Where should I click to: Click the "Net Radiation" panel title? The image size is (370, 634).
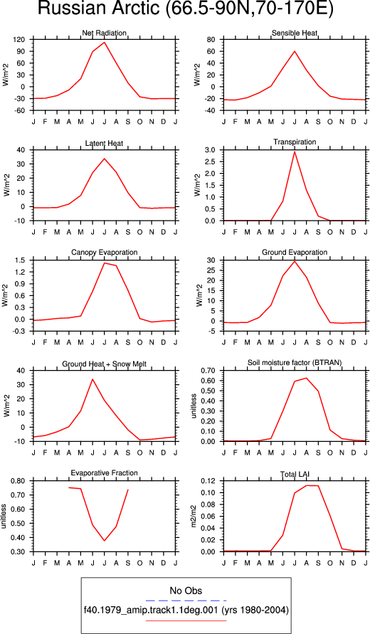click(x=105, y=33)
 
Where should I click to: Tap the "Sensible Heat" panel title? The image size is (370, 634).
click(x=295, y=33)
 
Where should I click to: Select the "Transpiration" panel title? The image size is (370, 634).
click(x=295, y=142)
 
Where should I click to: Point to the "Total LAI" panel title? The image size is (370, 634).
click(x=295, y=473)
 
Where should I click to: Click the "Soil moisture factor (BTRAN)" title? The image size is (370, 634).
click(x=295, y=363)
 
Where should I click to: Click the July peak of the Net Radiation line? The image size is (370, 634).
click(x=105, y=42)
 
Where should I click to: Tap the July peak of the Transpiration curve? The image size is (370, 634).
click(x=295, y=152)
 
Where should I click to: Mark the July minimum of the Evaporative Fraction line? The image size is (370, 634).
click(x=105, y=541)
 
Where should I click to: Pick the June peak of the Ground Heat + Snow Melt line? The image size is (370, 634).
click(x=92, y=379)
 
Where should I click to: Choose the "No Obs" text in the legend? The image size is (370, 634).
click(x=186, y=591)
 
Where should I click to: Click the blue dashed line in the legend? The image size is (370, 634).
click(x=186, y=601)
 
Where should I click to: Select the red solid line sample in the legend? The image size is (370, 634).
click(x=186, y=620)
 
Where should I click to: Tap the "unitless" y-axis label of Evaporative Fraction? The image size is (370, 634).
click(x=4, y=517)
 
